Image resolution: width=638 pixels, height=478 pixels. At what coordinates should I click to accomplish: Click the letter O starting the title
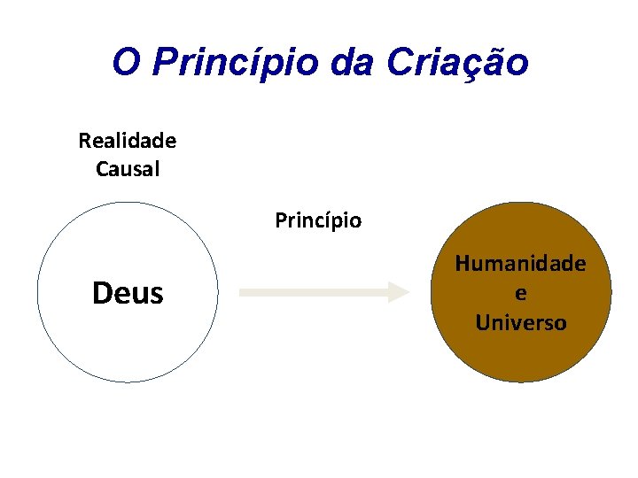(x=125, y=63)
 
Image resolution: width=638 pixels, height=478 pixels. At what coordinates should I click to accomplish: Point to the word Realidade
(x=128, y=141)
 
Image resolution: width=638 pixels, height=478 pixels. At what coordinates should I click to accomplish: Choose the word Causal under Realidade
(x=128, y=169)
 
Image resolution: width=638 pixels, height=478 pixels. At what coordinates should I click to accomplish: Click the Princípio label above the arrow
(x=318, y=220)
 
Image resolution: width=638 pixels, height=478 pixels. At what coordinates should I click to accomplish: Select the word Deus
(x=128, y=293)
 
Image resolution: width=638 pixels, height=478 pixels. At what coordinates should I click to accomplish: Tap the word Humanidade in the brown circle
(x=520, y=263)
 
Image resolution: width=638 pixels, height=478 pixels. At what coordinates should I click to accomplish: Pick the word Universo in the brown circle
(x=520, y=322)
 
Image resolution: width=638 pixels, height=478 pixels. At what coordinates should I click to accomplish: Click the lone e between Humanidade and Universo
(x=520, y=293)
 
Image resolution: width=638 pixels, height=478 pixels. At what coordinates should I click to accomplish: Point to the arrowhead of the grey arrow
(x=399, y=292)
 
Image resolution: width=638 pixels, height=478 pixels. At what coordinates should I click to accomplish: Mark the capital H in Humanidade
(x=463, y=263)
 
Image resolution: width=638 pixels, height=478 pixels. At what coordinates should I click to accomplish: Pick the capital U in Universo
(x=482, y=322)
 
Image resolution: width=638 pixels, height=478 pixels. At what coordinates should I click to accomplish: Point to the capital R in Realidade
(x=84, y=141)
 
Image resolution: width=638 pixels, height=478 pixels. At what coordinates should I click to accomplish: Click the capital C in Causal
(x=102, y=169)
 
